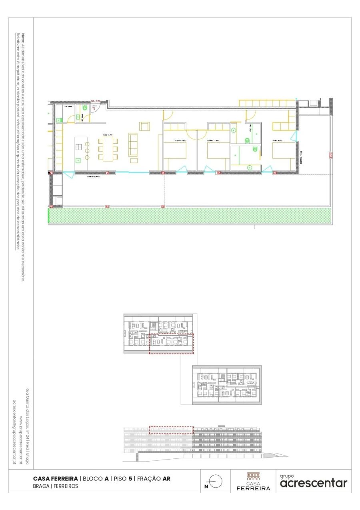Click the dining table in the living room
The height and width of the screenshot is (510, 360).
[108, 149]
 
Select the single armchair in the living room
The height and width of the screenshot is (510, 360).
[144, 126]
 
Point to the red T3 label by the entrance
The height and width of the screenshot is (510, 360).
[94, 108]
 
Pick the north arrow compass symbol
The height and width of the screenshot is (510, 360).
[215, 482]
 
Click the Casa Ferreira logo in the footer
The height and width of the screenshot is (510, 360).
[253, 481]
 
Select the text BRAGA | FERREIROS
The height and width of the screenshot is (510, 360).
[56, 486]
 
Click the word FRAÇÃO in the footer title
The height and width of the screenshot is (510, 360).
[149, 478]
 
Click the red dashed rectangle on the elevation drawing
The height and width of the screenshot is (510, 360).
[171, 430]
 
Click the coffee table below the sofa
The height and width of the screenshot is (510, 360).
[133, 160]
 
